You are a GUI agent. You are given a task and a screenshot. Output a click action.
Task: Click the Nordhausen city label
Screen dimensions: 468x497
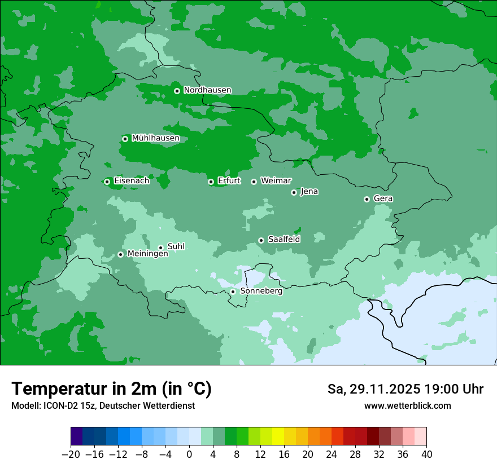click(207, 90)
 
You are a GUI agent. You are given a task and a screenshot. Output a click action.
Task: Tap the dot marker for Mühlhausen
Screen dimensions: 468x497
click(125, 139)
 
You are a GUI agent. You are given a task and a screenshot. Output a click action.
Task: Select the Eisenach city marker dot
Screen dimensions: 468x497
click(107, 182)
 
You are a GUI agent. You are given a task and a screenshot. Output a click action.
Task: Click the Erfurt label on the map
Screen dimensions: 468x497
click(229, 181)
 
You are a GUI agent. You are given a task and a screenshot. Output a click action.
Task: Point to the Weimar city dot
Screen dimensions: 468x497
click(254, 182)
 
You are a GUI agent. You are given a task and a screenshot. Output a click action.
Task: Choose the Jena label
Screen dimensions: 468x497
click(309, 192)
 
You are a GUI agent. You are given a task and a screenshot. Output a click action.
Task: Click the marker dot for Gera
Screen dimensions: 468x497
click(367, 199)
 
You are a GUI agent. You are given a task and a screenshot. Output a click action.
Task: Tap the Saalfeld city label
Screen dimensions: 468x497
click(284, 240)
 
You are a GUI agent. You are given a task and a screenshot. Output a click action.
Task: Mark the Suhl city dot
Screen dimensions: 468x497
click(160, 248)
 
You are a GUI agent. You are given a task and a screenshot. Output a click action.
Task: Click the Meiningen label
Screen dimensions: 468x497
click(147, 254)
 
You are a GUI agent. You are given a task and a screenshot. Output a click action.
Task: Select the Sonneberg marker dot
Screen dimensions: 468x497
click(233, 292)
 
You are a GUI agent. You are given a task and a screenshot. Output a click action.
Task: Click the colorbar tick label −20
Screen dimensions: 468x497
click(71, 454)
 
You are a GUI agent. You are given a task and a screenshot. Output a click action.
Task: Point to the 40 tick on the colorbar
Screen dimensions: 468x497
click(426, 454)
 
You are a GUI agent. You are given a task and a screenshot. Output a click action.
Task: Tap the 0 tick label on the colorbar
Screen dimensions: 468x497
click(189, 454)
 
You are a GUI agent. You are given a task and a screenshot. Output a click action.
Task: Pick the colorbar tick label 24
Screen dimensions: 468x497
click(332, 454)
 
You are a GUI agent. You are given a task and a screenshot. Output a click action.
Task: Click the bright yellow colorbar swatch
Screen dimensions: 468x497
click(278, 436)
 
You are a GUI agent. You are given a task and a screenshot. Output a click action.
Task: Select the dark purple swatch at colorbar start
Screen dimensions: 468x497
click(76, 436)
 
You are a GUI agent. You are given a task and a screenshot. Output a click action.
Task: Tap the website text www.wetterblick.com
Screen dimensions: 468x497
click(407, 406)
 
